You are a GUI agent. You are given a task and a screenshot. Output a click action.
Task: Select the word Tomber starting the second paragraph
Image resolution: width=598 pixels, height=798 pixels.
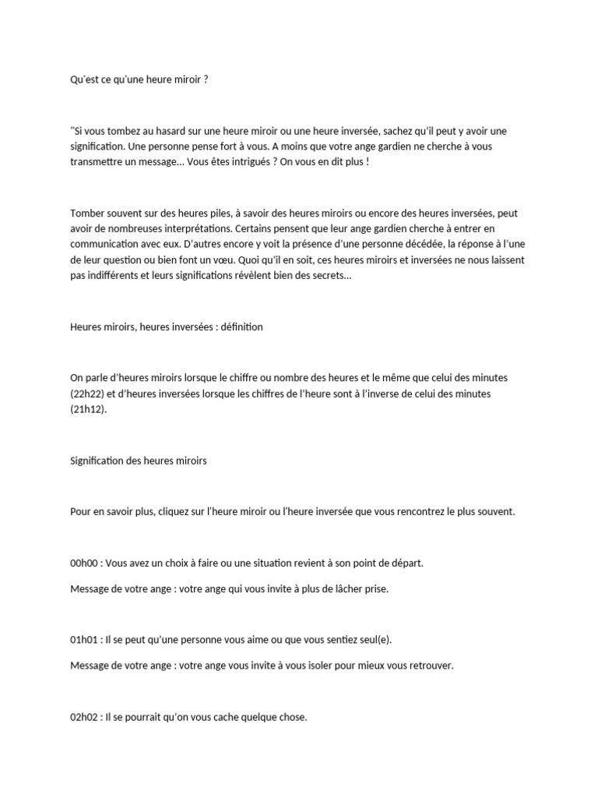[86, 212]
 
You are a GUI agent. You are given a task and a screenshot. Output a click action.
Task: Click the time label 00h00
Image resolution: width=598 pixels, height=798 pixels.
[85, 563]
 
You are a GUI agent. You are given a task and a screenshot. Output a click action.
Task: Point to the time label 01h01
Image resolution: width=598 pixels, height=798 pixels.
[85, 640]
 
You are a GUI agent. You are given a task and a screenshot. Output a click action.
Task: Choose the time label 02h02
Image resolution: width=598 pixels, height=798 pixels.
[85, 718]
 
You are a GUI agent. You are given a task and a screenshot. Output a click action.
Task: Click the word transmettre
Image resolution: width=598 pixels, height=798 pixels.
[97, 161]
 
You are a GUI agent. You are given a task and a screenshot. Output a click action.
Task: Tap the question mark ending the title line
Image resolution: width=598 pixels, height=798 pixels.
[206, 79]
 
